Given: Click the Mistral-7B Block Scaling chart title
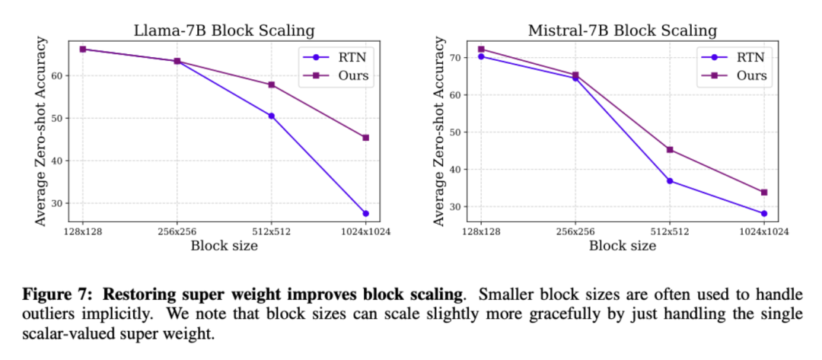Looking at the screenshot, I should pos(622,31).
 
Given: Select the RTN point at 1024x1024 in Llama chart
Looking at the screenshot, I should pos(365,213).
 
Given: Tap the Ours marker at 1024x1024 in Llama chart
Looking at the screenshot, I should pos(365,138).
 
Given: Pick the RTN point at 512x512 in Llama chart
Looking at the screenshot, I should pos(271,116).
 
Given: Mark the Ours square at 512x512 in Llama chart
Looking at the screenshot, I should pos(271,84).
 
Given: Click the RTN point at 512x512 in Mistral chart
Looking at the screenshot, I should pos(670,180).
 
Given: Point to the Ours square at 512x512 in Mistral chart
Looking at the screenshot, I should pos(670,149).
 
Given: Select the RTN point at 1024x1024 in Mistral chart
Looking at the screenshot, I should pos(764,213).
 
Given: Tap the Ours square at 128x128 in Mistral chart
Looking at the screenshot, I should pos(480,49).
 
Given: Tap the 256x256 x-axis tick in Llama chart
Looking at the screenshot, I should pos(177,231).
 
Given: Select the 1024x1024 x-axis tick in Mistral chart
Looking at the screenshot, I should pos(764,231).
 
